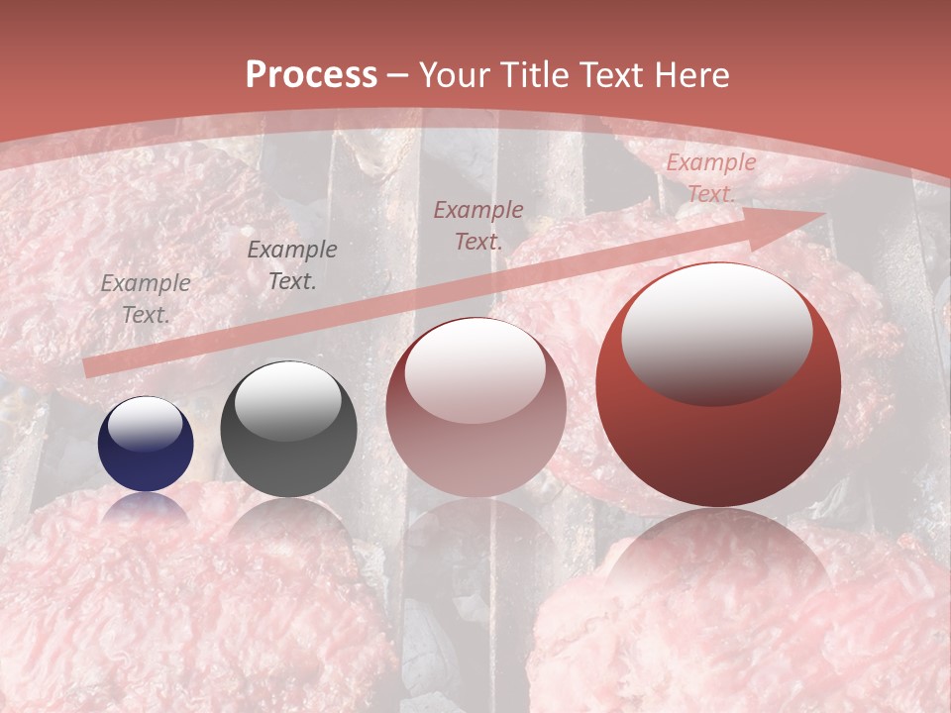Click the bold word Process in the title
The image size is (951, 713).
click(x=311, y=75)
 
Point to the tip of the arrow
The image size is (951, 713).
click(x=823, y=214)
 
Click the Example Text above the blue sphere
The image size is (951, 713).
click(x=146, y=298)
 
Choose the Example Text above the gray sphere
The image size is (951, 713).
click(x=291, y=264)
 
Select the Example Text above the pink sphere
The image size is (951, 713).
click(x=478, y=225)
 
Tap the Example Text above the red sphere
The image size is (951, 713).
click(x=710, y=178)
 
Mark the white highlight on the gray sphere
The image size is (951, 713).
click(x=287, y=399)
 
